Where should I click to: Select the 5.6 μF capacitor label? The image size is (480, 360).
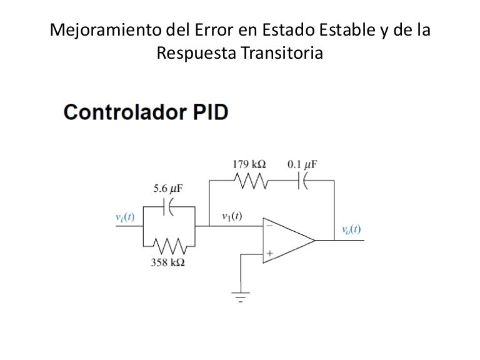point(168,187)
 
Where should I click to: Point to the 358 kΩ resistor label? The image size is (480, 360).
point(167,262)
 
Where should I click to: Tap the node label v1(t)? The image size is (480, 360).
point(232,217)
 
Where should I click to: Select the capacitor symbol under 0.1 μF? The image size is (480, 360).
point(302,181)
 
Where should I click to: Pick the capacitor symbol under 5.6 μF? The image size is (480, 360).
point(167,206)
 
